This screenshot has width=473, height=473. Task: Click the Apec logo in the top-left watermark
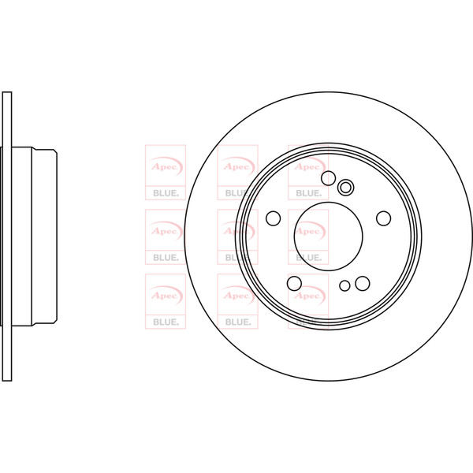coord(166,166)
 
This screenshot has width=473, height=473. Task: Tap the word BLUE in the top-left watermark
coord(166,193)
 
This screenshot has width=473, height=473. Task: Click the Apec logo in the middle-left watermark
coord(166,231)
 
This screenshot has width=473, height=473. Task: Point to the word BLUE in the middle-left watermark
coord(166,258)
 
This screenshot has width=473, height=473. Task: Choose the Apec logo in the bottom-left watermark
coord(166,296)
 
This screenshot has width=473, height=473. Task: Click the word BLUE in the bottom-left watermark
coord(166,322)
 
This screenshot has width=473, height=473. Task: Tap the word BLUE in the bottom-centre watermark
coord(238,322)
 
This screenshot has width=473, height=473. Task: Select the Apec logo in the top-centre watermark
coord(238,166)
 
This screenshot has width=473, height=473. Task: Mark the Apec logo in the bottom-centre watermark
coord(238,296)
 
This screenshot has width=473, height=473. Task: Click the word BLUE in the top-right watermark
coord(308,193)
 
